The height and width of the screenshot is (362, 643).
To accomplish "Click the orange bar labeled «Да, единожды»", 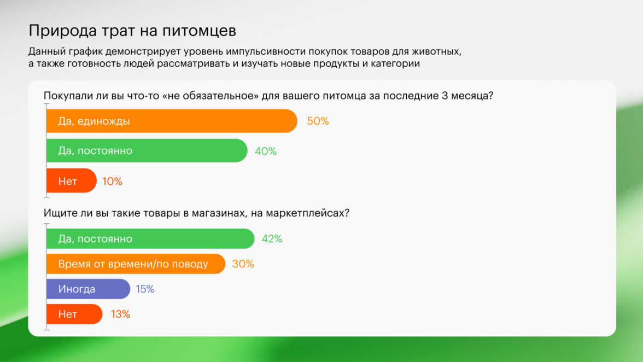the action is [x=172, y=121].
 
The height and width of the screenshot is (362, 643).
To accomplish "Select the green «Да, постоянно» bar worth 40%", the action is [x=147, y=150].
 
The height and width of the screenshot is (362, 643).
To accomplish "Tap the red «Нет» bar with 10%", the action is [x=71, y=180].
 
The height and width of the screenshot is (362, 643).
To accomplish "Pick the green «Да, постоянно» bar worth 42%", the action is [x=150, y=238].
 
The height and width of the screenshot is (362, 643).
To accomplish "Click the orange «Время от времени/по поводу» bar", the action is [x=136, y=264].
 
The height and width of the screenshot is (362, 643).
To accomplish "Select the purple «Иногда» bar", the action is [x=88, y=289].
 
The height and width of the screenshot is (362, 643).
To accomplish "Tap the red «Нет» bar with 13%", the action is [x=74, y=314].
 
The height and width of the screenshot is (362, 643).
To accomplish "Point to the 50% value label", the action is [x=318, y=121].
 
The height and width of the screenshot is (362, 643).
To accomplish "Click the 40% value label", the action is [x=266, y=151].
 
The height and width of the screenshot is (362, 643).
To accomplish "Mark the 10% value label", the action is [x=113, y=181].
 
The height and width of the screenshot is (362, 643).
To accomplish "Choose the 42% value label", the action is [x=272, y=238].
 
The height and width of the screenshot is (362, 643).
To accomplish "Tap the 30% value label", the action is [x=243, y=264].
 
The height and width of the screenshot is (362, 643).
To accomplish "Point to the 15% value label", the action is [x=145, y=289].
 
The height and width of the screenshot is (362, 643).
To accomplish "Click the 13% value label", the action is [x=120, y=314].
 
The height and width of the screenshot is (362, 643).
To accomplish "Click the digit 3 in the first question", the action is [x=445, y=96].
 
